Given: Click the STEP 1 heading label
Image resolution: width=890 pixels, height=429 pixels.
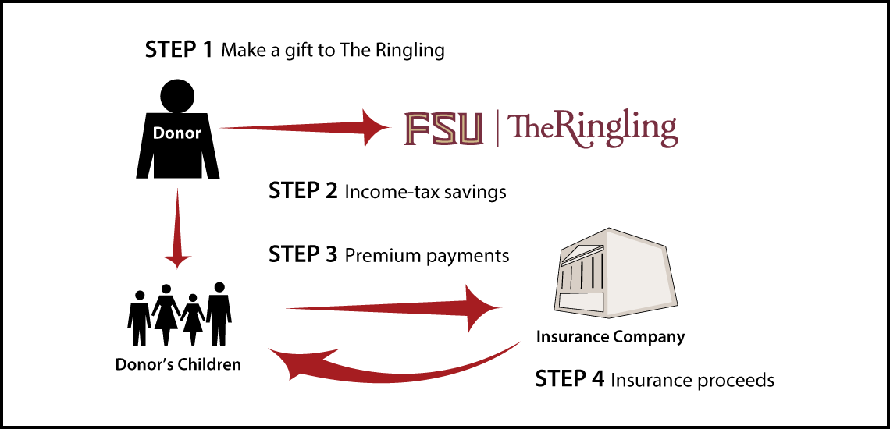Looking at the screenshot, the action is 179,50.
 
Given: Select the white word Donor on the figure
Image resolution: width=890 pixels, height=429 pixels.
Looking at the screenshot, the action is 177,133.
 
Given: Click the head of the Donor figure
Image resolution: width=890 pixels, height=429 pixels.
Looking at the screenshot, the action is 177,95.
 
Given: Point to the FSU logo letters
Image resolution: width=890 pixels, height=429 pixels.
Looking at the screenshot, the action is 444,129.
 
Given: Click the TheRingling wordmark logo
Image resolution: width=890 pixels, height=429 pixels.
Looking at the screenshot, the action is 593,130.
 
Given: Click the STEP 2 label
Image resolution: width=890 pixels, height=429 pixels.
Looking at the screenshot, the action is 303,191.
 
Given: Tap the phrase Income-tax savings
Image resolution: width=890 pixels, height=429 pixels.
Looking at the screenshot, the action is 425,193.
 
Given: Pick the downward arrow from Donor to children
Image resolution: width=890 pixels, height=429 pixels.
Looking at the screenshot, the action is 178,228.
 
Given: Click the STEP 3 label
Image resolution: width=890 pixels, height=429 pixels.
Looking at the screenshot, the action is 303,255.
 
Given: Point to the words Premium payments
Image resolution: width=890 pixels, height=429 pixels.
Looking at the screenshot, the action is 427,256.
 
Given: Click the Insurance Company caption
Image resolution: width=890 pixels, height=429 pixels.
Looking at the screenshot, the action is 611,337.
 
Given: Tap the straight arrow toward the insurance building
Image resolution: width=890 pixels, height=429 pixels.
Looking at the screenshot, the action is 393,308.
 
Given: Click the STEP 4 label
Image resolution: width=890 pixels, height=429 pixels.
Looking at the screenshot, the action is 570,378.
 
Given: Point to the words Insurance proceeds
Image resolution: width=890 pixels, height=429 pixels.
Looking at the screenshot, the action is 692,380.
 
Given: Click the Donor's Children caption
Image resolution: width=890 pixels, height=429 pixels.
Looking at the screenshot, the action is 178,363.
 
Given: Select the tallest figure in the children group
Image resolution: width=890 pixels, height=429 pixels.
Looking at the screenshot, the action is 219,314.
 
